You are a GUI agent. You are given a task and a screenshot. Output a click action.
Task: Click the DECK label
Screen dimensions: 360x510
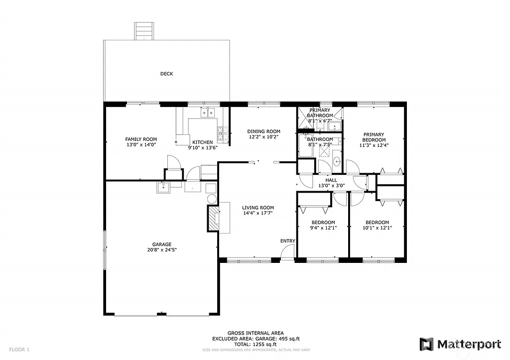[x=166, y=74]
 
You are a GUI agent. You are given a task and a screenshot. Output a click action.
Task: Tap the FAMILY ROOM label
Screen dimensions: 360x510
[x=141, y=139]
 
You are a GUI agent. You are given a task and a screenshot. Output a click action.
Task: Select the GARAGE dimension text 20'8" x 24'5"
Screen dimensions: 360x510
[x=162, y=250]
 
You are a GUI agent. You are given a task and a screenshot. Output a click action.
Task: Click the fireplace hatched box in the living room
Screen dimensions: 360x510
[x=213, y=218]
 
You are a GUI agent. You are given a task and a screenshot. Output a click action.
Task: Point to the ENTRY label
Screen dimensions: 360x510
[x=287, y=241]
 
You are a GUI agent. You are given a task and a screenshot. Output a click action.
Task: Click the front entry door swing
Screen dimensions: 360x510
[x=286, y=253]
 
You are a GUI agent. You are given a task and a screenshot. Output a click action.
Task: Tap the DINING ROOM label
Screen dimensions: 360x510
[x=263, y=131]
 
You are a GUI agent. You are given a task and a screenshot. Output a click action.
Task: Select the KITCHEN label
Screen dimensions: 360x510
[x=203, y=142]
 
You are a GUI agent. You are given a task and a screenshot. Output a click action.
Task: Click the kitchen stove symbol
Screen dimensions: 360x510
[x=221, y=132]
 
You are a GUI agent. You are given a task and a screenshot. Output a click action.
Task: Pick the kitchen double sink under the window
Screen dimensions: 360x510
[x=208, y=113]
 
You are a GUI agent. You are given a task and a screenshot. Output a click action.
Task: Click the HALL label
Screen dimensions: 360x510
[x=331, y=180]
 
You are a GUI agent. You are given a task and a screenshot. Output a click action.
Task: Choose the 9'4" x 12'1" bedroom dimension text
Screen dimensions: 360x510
[x=323, y=228]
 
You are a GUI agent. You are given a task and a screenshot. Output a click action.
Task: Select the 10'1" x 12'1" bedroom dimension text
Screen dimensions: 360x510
[x=377, y=228]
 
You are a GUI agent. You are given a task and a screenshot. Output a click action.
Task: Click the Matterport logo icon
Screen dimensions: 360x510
[x=426, y=344]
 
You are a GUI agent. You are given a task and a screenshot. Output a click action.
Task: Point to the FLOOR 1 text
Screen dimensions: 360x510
[x=19, y=350]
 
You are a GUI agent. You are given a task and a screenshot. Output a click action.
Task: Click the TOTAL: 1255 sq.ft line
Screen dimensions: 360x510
[x=255, y=344]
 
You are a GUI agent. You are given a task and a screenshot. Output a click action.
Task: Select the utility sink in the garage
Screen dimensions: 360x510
[x=163, y=187]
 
